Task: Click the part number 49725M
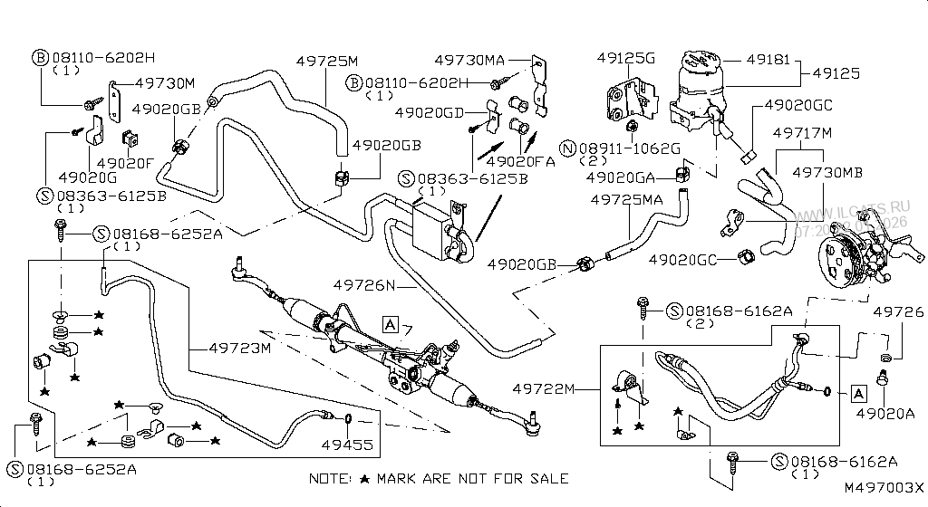pyautogui.click(x=327, y=61)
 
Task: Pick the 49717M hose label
pyautogui.click(x=802, y=133)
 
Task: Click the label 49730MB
pyautogui.click(x=827, y=171)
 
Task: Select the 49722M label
pyautogui.click(x=544, y=388)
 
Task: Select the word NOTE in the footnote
pyautogui.click(x=328, y=478)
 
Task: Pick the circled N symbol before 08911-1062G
pyautogui.click(x=568, y=148)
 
